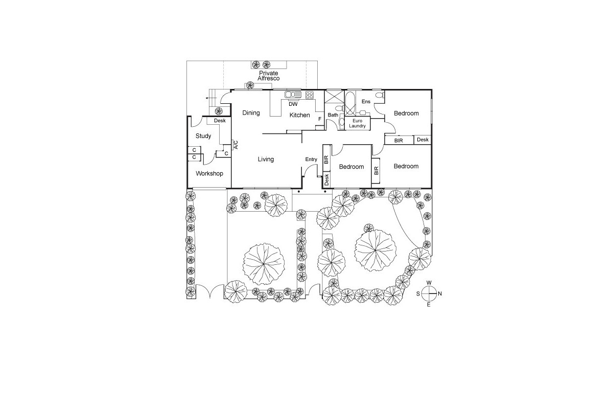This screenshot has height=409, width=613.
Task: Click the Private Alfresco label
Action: coord(269,76)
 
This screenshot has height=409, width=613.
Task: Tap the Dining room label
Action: coord(251,113)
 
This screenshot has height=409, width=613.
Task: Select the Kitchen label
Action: coord(300,115)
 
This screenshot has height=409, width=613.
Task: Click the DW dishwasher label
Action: coord(293,104)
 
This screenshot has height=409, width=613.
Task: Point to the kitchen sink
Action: coord(293,95)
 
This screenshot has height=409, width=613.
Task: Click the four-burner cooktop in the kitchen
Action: coord(310,95)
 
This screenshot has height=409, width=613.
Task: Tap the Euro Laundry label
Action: coord(357,123)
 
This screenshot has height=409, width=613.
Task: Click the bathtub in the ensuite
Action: coord(350,104)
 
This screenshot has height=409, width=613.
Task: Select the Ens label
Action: coord(366,102)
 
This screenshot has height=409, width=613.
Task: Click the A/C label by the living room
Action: coord(236,145)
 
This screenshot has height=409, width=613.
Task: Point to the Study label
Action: coord(203,136)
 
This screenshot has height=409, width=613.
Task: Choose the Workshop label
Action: coord(209,173)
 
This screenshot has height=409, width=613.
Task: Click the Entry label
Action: coord(311,160)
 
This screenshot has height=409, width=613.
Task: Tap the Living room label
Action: coord(266,159)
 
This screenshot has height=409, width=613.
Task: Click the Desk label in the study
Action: coord(220,121)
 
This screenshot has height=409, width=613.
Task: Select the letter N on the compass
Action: coord(440,293)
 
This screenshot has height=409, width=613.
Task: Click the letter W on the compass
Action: coord(429,283)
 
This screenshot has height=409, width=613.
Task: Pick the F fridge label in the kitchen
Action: coord(320,119)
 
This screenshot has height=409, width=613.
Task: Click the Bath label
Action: coord(333,115)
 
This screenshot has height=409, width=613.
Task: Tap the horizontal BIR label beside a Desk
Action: coord(398,141)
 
